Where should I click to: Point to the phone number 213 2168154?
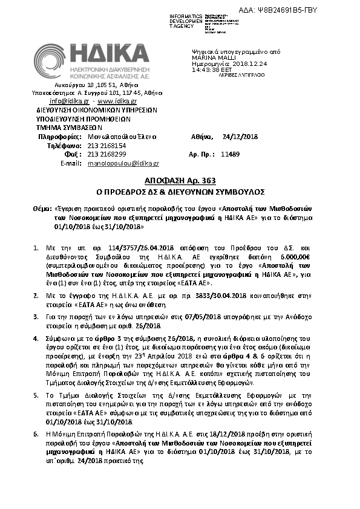[107, 146]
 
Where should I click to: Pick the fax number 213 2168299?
[107, 155]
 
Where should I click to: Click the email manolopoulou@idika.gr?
[123, 163]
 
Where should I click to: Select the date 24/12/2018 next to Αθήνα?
[240, 137]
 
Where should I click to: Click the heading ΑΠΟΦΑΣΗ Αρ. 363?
[180, 181]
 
